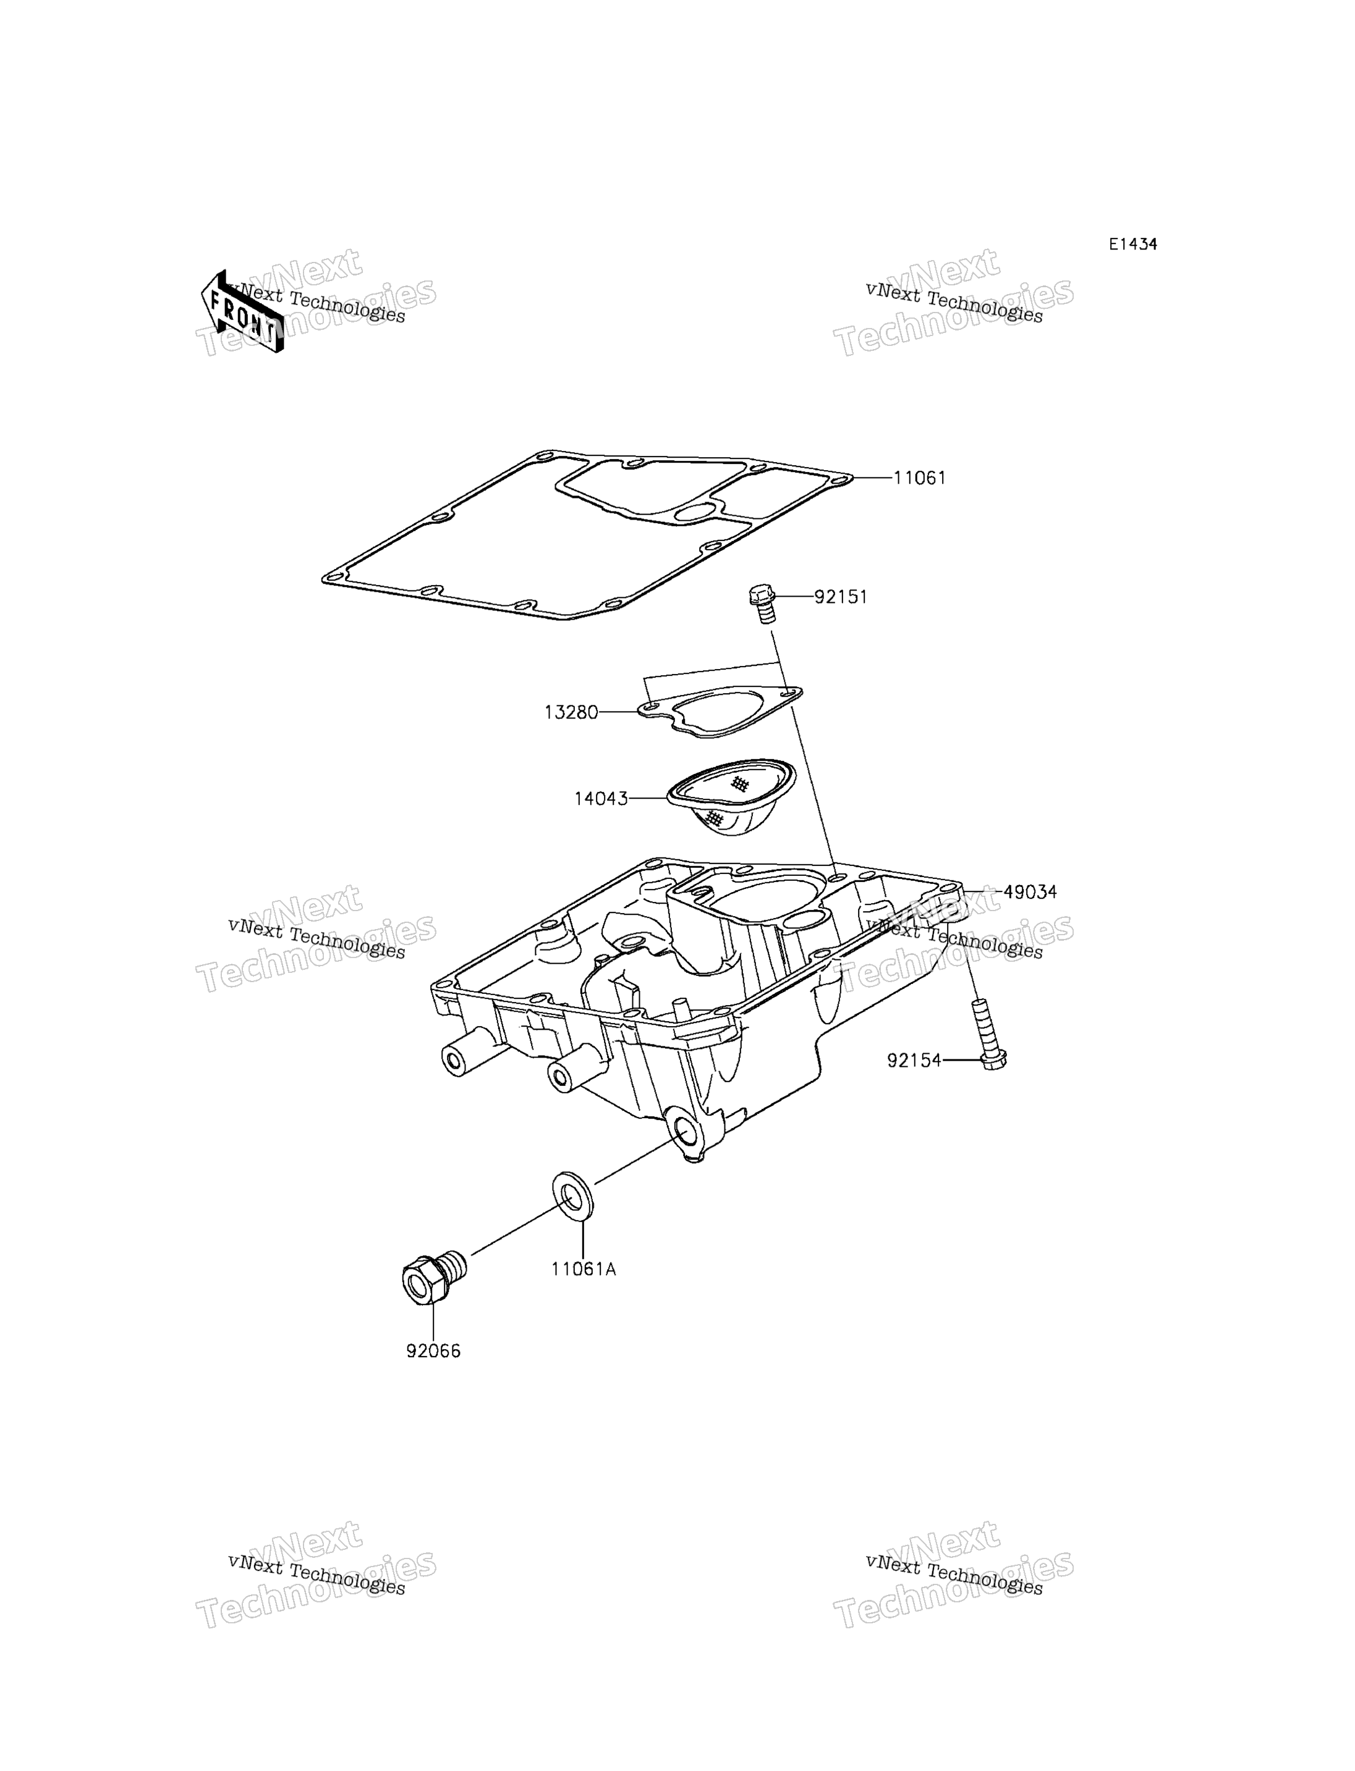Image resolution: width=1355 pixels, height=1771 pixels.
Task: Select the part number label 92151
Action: coord(841,597)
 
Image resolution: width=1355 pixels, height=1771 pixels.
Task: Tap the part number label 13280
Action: coord(571,713)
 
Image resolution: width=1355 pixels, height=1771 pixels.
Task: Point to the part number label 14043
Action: coord(601,799)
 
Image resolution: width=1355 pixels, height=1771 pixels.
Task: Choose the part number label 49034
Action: coord(1030,893)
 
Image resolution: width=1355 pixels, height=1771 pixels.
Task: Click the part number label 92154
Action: coord(915,1061)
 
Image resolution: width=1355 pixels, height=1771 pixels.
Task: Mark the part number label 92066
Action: coord(433,1351)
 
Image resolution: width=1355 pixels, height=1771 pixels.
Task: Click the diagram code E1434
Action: coord(1132,244)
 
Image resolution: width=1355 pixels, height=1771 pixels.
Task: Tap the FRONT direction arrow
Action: coord(242,312)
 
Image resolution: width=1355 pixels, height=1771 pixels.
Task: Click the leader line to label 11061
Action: coord(873,478)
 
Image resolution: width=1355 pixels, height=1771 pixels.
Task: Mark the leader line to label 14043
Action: coord(648,799)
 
